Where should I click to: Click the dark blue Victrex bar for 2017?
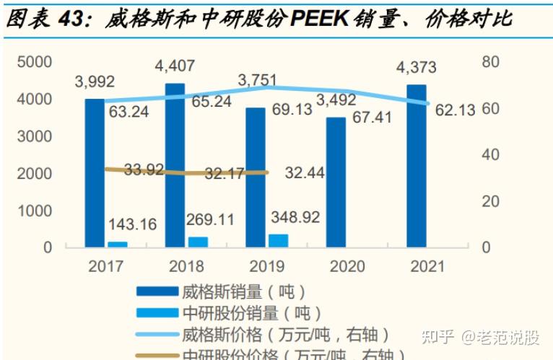click(95, 173)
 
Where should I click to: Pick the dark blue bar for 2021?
click(417, 166)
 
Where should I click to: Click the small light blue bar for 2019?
click(278, 240)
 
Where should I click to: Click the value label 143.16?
click(132, 224)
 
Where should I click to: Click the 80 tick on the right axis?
click(491, 62)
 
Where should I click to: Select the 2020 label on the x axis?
click(347, 266)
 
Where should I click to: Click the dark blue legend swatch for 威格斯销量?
click(157, 291)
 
